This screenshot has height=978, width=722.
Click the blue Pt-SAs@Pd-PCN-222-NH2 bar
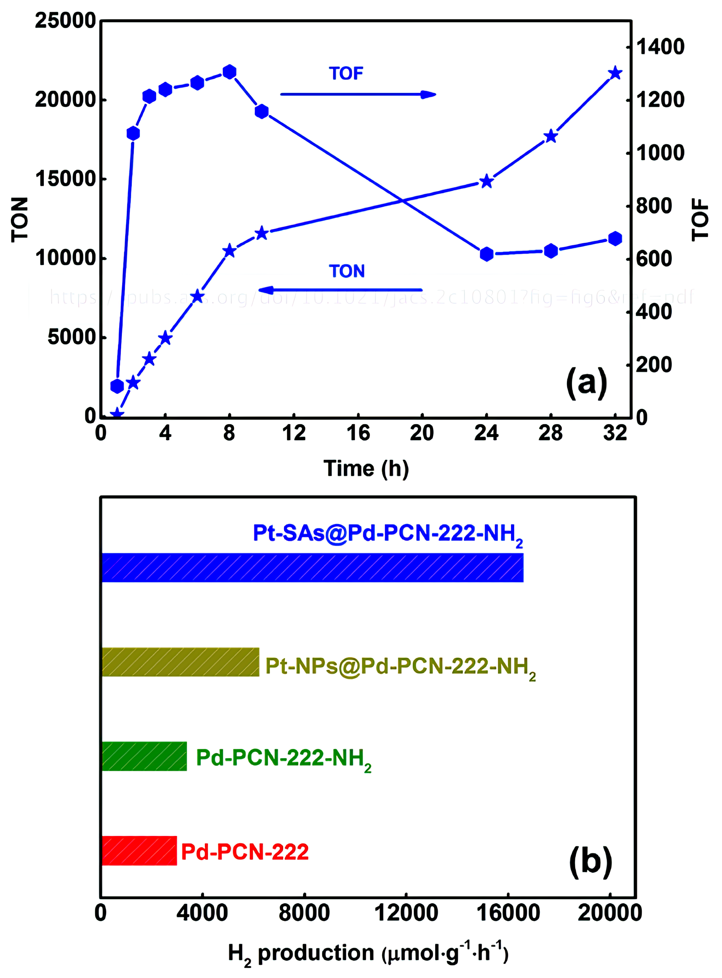pyautogui.click(x=312, y=567)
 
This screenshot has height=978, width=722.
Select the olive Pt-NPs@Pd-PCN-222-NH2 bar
pyautogui.click(x=180, y=662)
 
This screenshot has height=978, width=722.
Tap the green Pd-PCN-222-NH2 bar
pyautogui.click(x=144, y=756)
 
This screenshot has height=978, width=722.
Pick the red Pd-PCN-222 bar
pyautogui.click(x=139, y=851)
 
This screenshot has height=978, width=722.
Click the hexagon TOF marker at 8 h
pyautogui.click(x=230, y=72)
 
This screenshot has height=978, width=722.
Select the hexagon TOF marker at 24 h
pyautogui.click(x=486, y=254)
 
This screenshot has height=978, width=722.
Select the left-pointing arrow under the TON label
pyautogui.click(x=340, y=290)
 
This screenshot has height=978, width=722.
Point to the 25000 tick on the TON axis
pyautogui.click(x=65, y=21)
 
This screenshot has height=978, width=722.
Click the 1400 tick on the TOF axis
pyautogui.click(x=660, y=47)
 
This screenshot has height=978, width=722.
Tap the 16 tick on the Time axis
pyautogui.click(x=358, y=433)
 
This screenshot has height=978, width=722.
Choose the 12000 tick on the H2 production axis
pyautogui.click(x=406, y=913)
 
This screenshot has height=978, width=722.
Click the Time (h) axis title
pyautogui.click(x=366, y=468)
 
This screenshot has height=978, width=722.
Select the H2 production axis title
pyautogui.click(x=368, y=954)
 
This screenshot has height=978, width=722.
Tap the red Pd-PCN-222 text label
pyautogui.click(x=245, y=852)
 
